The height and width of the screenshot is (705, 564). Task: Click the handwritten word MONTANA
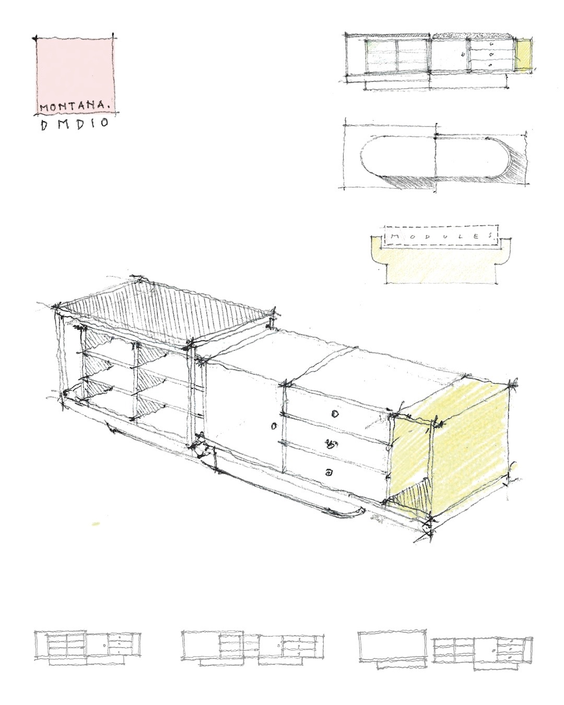coord(74,107)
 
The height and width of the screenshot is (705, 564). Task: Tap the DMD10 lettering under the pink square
coord(74,124)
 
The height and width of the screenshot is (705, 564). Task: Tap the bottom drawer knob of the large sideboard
coord(327,473)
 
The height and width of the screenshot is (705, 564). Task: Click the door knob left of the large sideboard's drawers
coord(274,426)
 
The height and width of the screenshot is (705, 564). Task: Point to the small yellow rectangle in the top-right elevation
coord(523,54)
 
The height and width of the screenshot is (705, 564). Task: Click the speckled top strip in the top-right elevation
coord(471,35)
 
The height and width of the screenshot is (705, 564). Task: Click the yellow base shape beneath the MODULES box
coord(441,262)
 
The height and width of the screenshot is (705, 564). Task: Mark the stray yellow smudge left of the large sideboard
coord(96,524)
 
